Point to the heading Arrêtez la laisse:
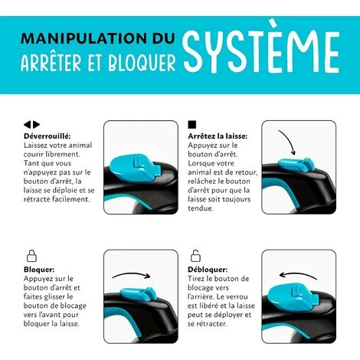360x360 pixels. coord(218,136)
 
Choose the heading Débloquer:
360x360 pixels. coord(207,270)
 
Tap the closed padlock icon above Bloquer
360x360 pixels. coord(31,256)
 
